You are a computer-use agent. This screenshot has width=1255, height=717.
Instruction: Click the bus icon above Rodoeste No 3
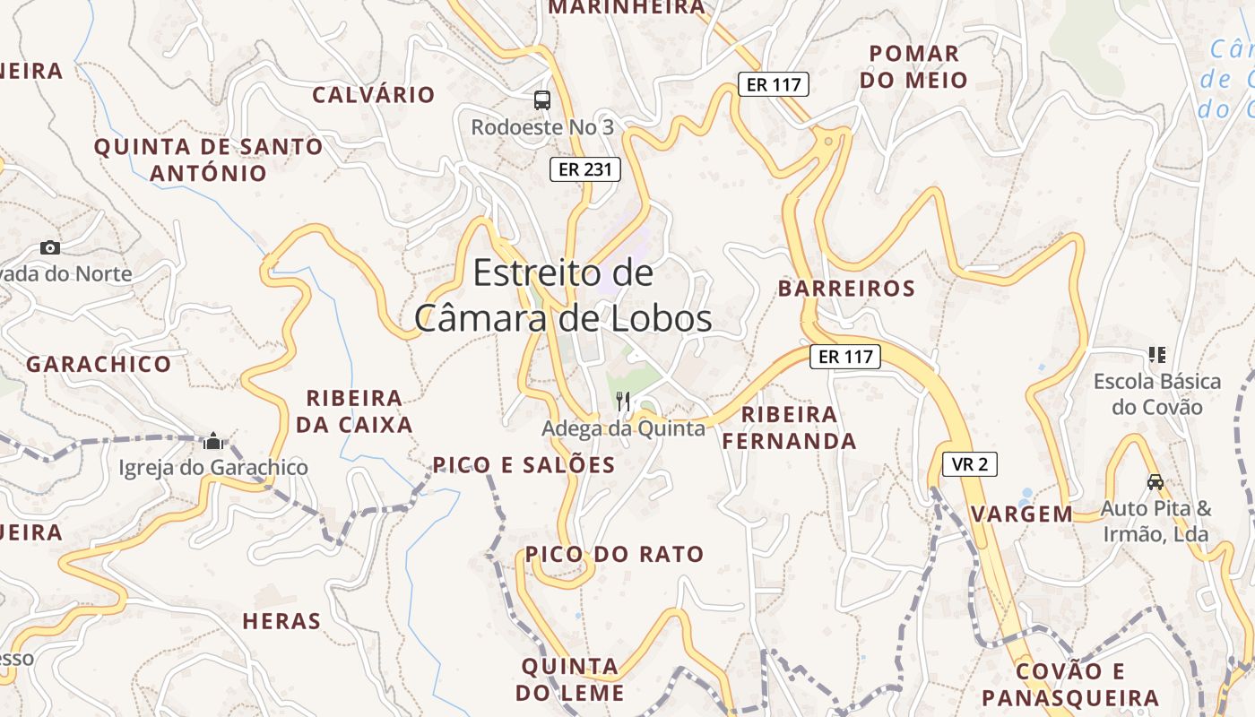click(542, 100)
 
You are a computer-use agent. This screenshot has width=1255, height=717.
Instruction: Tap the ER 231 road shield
click(584, 169)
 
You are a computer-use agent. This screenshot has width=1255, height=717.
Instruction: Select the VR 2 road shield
click(970, 464)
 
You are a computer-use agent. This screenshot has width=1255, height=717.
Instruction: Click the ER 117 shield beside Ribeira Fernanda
click(845, 357)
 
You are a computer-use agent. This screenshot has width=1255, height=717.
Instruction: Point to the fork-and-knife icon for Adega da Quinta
click(624, 402)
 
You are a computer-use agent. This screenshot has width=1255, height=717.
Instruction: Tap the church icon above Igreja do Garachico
click(213, 441)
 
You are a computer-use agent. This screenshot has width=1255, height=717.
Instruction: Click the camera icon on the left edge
click(50, 248)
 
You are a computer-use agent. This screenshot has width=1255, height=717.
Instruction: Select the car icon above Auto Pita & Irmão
click(1155, 482)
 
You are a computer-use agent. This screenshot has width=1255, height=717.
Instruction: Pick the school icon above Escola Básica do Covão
click(1157, 355)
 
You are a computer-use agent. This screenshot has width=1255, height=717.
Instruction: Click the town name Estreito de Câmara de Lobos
click(563, 296)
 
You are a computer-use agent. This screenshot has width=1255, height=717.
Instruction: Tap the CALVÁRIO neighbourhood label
click(373, 95)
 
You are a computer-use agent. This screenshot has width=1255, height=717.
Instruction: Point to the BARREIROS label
click(846, 289)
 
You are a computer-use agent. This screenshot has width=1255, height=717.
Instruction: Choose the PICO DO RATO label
click(614, 555)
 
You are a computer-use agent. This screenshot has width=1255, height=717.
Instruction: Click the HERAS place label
click(281, 621)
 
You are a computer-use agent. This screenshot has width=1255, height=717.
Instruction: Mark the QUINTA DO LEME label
click(570, 680)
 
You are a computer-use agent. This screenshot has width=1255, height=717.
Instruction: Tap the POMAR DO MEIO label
click(913, 67)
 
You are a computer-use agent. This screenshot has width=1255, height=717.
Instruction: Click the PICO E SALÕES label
click(524, 465)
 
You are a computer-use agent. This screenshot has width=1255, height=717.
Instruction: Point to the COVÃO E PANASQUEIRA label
click(1070, 685)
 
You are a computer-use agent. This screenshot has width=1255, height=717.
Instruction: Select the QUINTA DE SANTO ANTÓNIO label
click(209, 160)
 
